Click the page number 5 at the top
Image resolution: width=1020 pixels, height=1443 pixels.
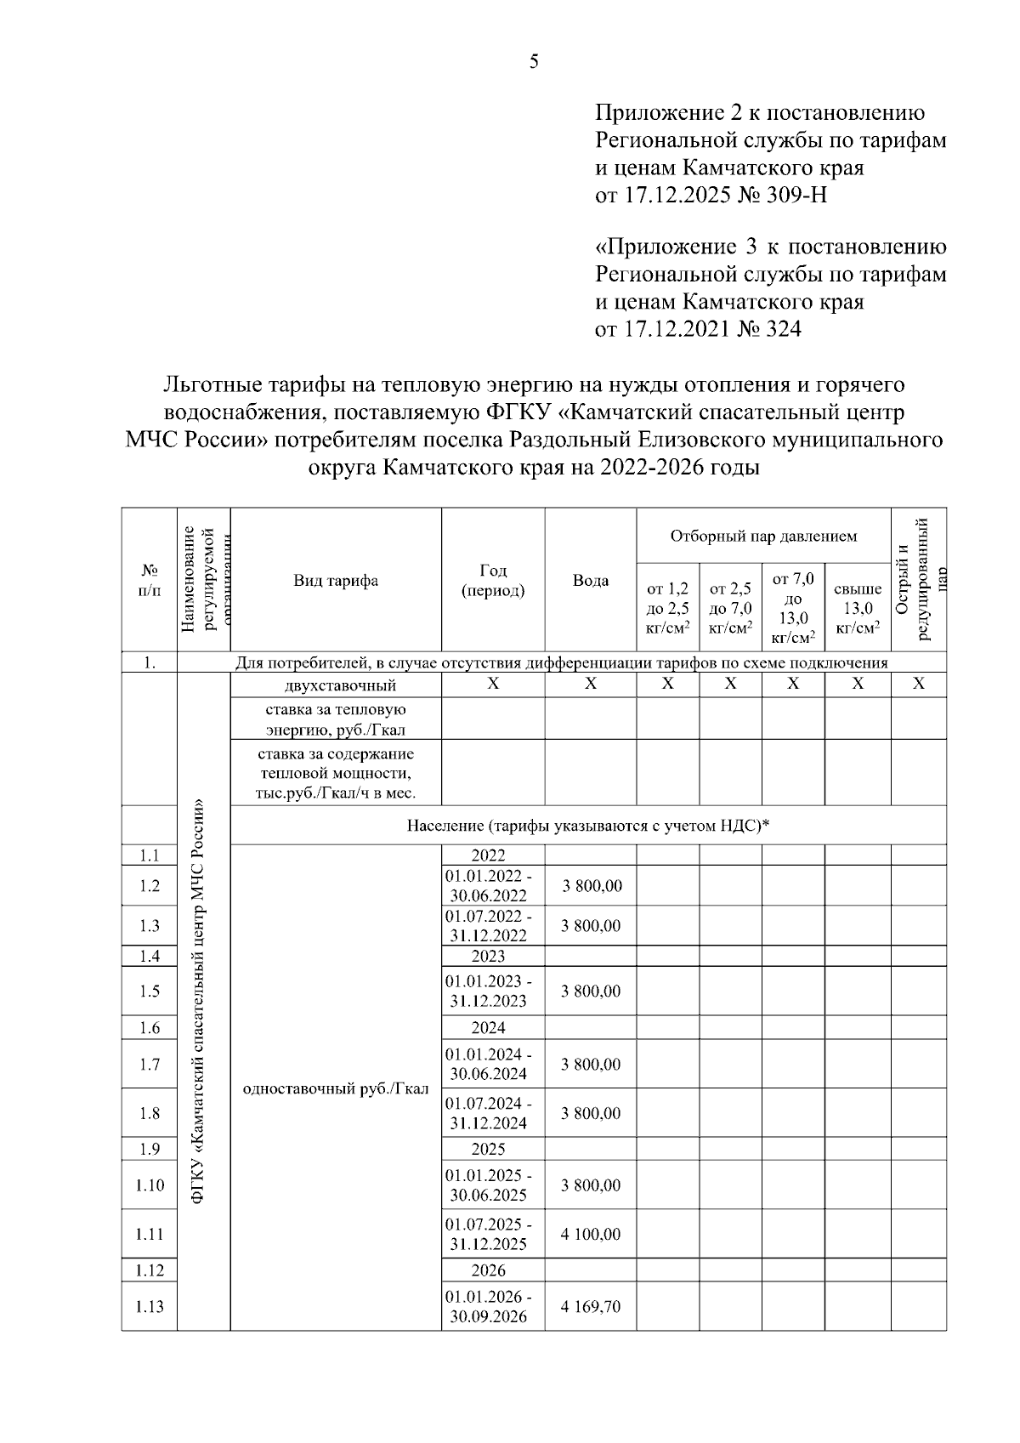click(x=534, y=62)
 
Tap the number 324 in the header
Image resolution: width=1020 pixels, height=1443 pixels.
click(x=783, y=328)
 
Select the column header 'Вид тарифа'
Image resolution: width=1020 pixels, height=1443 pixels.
click(x=336, y=581)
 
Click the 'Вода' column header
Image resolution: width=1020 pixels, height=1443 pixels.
click(x=590, y=581)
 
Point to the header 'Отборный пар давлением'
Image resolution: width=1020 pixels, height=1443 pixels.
click(x=762, y=537)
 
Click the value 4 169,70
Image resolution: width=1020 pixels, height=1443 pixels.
click(x=590, y=1306)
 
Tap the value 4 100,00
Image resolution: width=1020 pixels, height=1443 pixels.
click(x=590, y=1234)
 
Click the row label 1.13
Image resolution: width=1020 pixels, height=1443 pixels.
click(x=149, y=1306)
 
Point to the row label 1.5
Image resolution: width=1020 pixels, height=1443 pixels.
click(x=149, y=991)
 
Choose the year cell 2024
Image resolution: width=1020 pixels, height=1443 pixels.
click(x=488, y=1027)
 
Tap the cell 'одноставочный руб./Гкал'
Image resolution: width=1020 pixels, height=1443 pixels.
click(x=336, y=1089)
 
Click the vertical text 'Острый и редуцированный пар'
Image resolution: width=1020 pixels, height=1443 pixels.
click(x=918, y=578)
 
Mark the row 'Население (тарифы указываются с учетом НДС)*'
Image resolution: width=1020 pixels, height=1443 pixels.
click(x=588, y=825)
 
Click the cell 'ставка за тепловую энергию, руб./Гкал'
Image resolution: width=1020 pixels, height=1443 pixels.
click(x=336, y=719)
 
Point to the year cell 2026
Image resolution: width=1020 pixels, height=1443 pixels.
click(x=488, y=1270)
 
